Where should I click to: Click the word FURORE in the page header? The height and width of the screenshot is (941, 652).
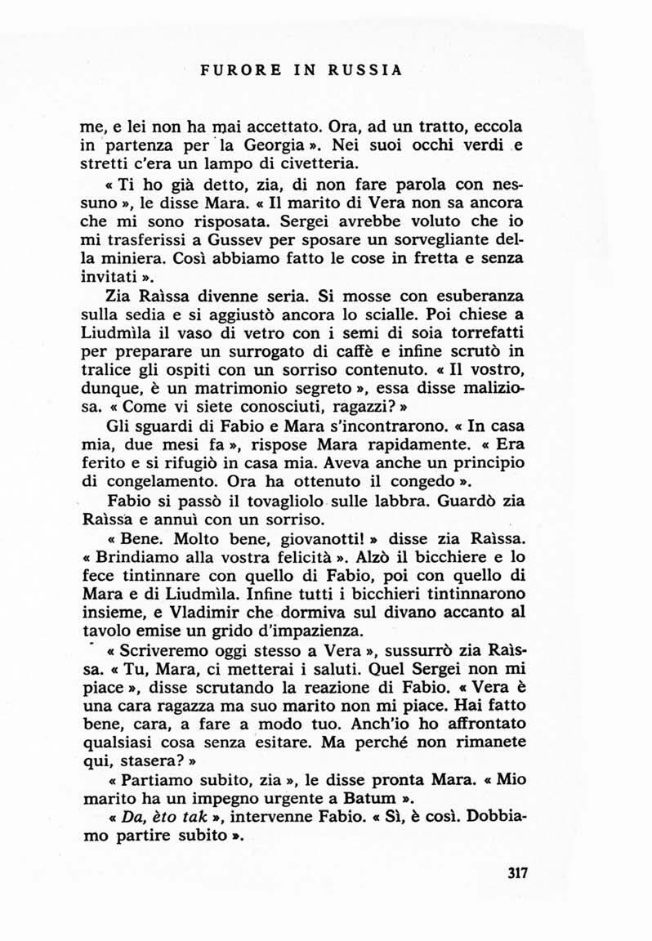point(230,69)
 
